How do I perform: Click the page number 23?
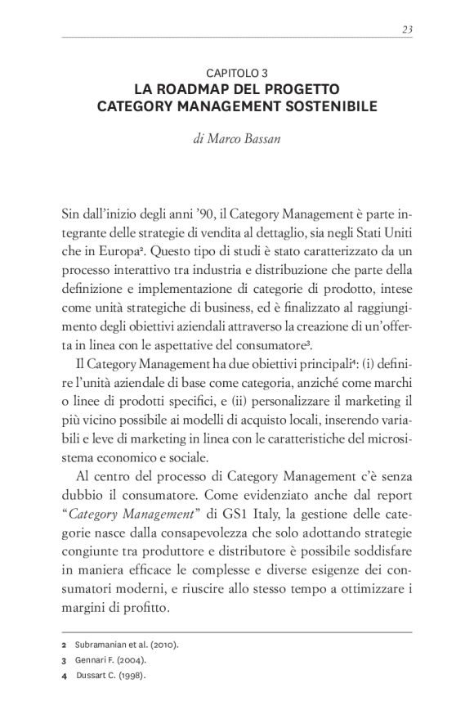(x=406, y=29)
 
